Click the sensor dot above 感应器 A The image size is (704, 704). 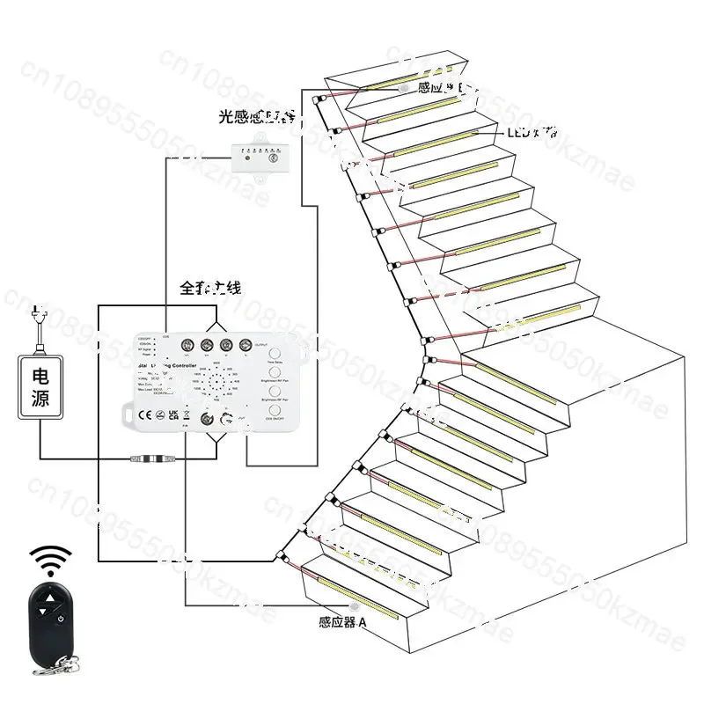click(355, 606)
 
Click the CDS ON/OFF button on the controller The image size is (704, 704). click(273, 412)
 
